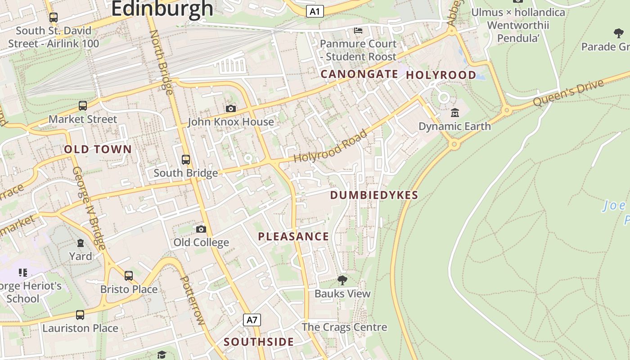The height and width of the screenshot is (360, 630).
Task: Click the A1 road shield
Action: pyautogui.click(x=315, y=11)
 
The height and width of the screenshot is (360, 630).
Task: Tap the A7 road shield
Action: pyautogui.click(x=252, y=320)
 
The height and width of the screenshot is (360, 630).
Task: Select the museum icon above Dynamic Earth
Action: pyautogui.click(x=454, y=112)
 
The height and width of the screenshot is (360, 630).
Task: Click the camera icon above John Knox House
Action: pyautogui.click(x=230, y=108)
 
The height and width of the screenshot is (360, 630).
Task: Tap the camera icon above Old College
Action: pyautogui.click(x=201, y=229)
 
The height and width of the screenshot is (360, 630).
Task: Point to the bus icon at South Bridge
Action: pyautogui.click(x=185, y=159)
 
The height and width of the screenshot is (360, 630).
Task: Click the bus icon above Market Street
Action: pyautogui.click(x=83, y=106)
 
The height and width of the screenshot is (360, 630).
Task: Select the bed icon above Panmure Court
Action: pyautogui.click(x=358, y=30)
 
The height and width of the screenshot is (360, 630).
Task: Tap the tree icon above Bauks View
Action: pyautogui.click(x=342, y=280)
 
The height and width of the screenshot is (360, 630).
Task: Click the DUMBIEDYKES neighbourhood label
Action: pyautogui.click(x=374, y=195)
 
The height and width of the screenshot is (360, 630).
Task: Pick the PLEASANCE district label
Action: pyautogui.click(x=293, y=236)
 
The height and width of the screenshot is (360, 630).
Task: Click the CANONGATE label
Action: pyautogui.click(x=359, y=74)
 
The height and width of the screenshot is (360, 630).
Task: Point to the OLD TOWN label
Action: pyautogui.click(x=98, y=149)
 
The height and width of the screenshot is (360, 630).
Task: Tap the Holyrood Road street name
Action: pyautogui.click(x=331, y=146)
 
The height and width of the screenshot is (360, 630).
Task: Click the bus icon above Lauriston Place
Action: pyautogui.click(x=80, y=315)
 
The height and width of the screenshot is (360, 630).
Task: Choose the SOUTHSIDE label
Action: pyautogui.click(x=259, y=342)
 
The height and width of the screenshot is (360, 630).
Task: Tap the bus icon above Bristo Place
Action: pyautogui.click(x=129, y=275)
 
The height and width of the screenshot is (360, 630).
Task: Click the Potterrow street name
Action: pyautogui.click(x=192, y=300)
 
